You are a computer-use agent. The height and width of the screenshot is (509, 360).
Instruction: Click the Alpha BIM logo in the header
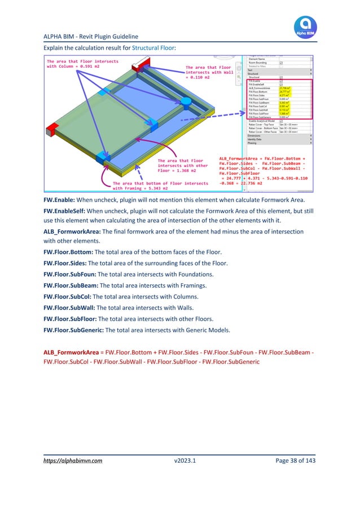(305, 27)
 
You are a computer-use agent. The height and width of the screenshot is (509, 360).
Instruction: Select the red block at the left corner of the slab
(53, 130)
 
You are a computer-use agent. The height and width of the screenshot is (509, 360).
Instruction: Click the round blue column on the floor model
(185, 102)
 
